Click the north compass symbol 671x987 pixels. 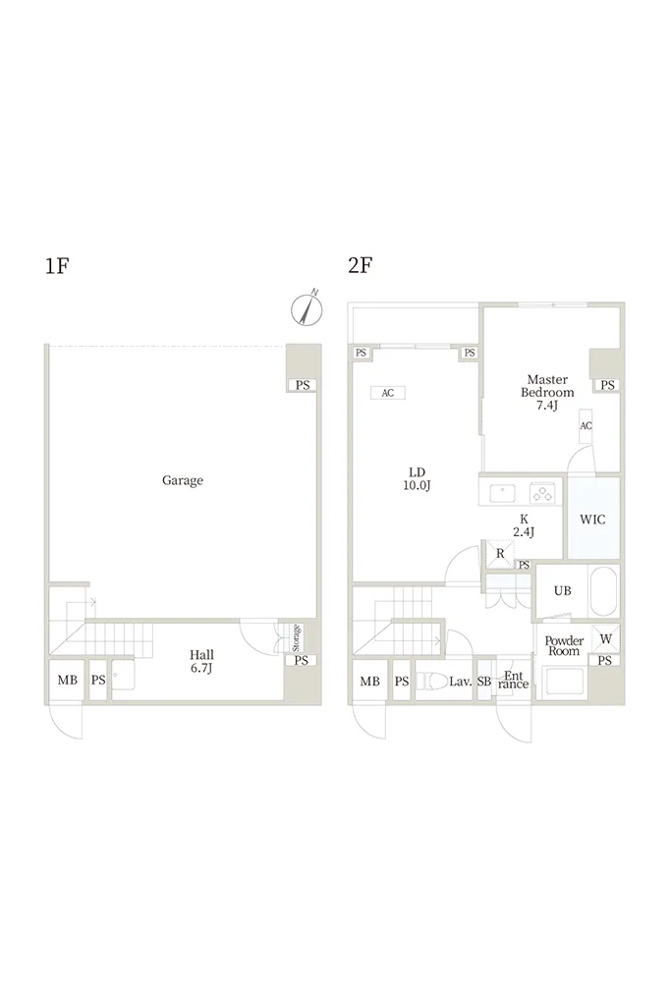point(307,308)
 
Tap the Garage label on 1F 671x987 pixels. point(183,480)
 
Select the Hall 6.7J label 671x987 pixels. point(201,662)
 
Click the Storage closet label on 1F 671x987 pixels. point(296,637)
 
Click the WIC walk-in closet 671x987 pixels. point(593,519)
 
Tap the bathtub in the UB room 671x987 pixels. point(603,591)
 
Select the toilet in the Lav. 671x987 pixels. point(432,681)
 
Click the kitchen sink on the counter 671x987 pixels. point(503,492)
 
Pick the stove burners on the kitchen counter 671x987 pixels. point(543,492)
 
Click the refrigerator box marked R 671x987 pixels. point(500,554)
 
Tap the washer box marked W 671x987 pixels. point(605,639)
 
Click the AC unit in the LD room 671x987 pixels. point(388,393)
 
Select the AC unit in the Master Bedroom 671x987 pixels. point(587,426)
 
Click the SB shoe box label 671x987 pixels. point(484,682)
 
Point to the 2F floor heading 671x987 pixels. point(360,265)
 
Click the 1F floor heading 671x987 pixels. point(57,265)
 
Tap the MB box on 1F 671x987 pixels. point(68,680)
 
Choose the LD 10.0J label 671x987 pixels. point(417,478)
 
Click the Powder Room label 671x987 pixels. point(564,646)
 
